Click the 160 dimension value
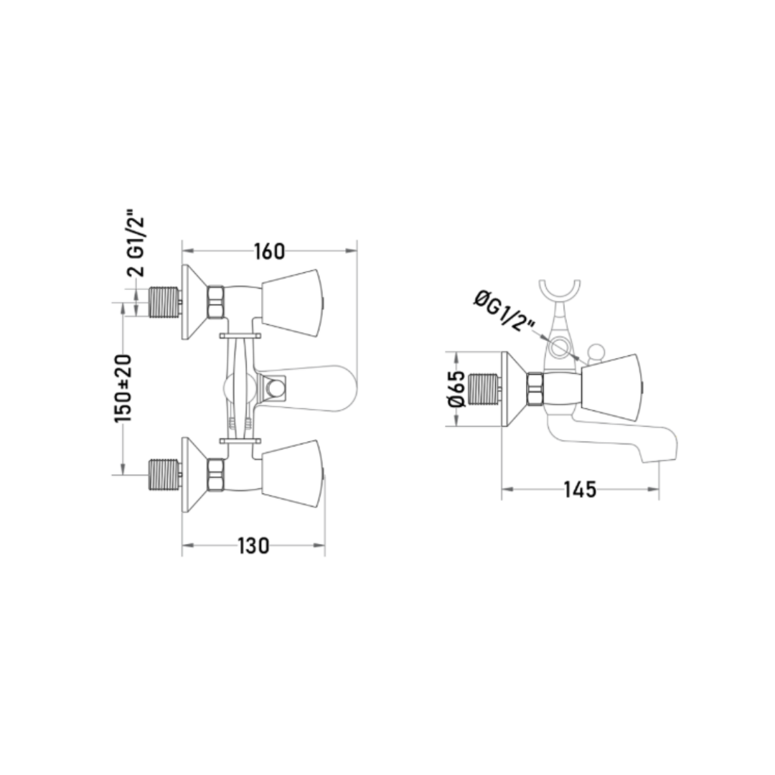pyautogui.click(x=270, y=252)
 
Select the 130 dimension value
pyautogui.click(x=253, y=545)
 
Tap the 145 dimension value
pyautogui.click(x=581, y=490)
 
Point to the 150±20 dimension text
pyautogui.click(x=123, y=388)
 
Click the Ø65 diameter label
pyautogui.click(x=456, y=388)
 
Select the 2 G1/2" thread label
pyautogui.click(x=136, y=245)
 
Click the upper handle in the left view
pyautogui.click(x=291, y=304)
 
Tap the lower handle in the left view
pyautogui.click(x=291, y=474)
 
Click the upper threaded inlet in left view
pyautogui.click(x=164, y=302)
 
